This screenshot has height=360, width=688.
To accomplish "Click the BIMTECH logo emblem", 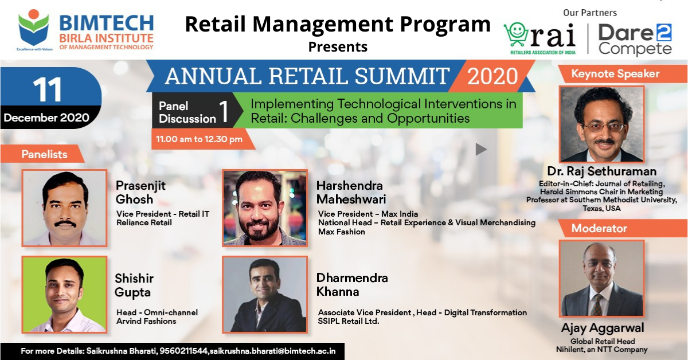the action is tap(34, 28).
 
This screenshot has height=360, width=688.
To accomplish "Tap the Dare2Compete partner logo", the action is tap(635, 40).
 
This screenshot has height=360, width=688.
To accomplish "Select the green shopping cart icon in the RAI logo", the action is tap(515, 34).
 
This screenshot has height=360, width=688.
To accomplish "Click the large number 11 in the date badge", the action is tap(47, 89).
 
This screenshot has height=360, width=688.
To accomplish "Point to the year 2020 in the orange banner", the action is tap(492, 76).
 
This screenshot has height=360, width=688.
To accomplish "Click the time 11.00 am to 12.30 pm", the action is tap(199, 139).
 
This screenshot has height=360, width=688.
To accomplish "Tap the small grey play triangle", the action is tap(481, 149).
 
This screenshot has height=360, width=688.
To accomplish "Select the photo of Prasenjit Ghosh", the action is tap(64, 208).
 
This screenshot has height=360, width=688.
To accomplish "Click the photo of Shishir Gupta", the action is tap(64, 295).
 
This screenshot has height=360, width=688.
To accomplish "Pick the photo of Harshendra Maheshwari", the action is tap(265, 208).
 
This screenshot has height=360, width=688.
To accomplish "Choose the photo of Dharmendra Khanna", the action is tap(265, 295).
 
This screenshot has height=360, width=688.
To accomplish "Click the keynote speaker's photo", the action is tap(601, 124).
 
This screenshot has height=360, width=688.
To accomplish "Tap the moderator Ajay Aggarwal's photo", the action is tap(601, 278).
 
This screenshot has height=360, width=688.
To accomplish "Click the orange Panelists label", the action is tap(44, 154).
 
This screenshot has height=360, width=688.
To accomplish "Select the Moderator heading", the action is tap(599, 228).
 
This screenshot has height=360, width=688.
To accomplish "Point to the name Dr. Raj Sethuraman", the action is tap(601, 171).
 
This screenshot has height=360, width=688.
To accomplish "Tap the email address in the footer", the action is tap(272, 351).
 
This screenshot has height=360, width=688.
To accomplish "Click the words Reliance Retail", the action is tap(144, 222).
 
